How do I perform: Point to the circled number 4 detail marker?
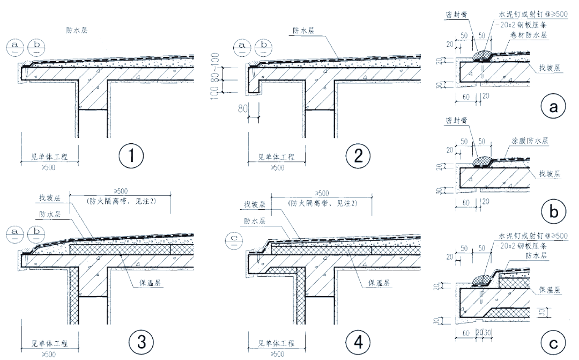point(355,342)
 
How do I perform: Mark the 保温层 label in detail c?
point(550,290)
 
